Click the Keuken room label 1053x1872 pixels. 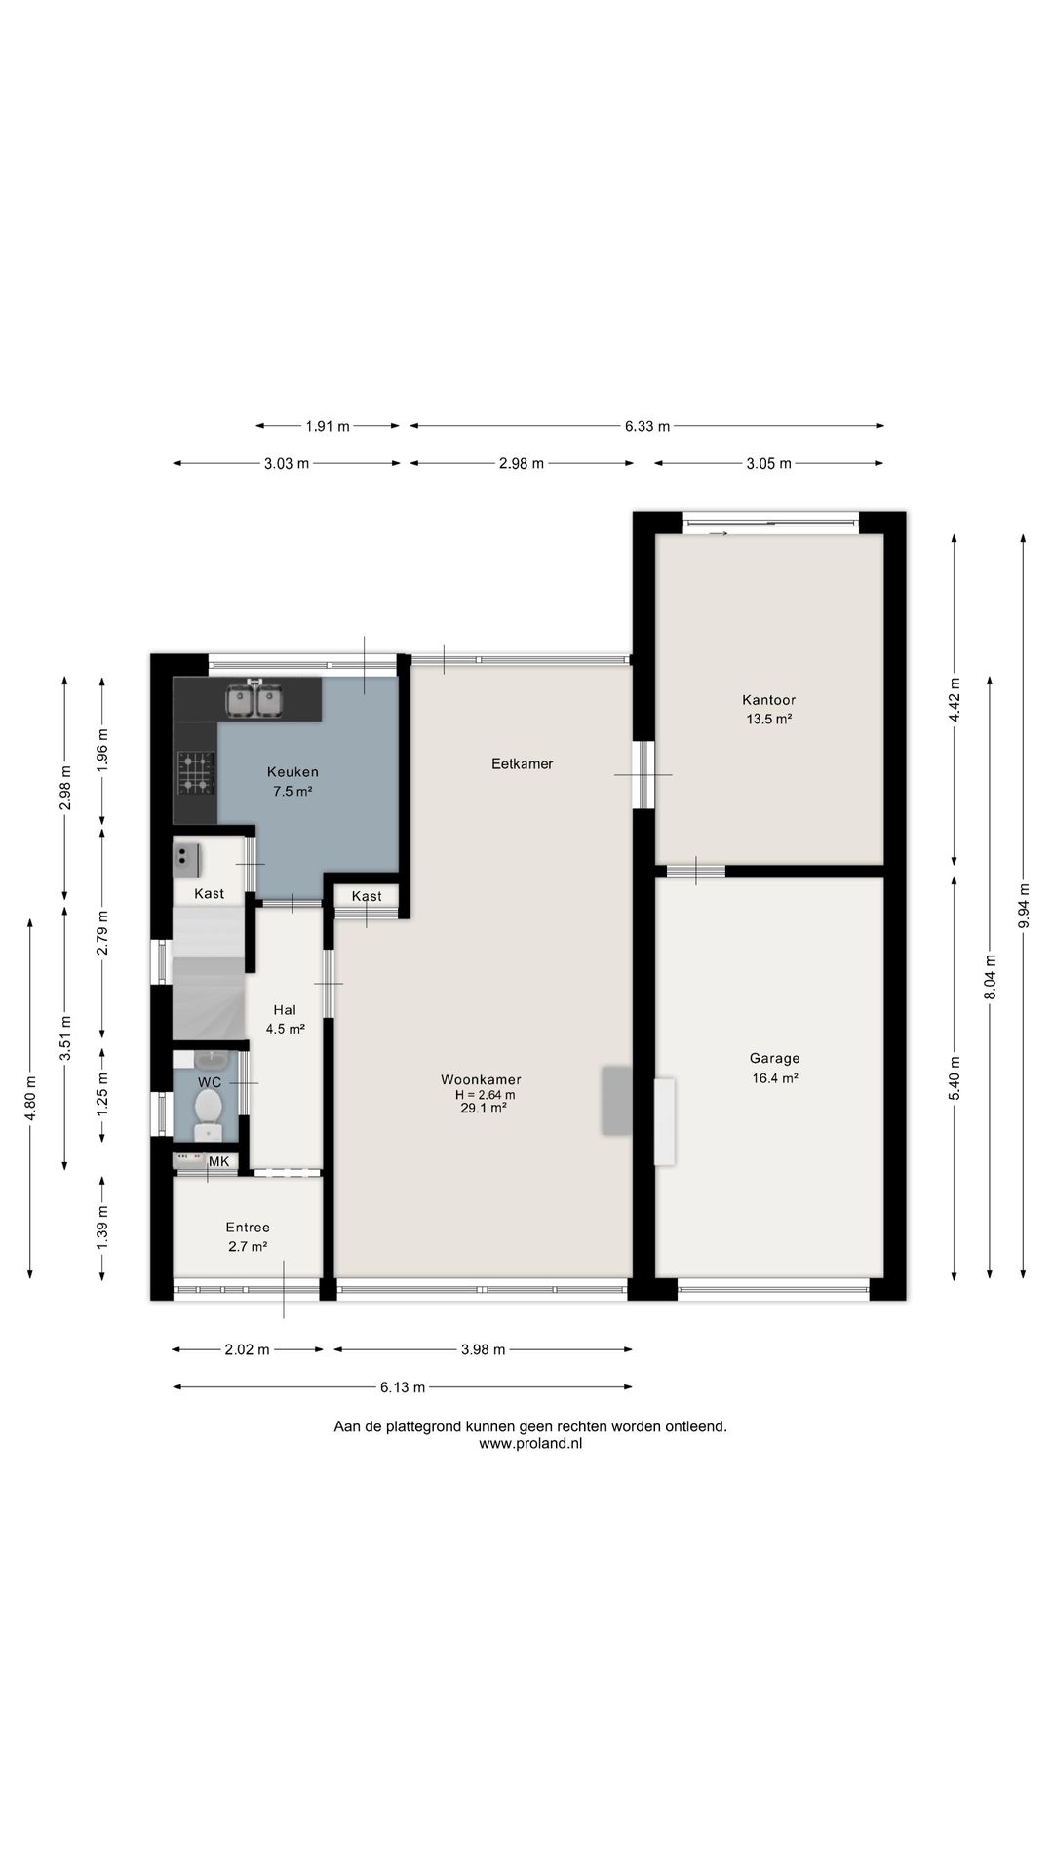tap(292, 772)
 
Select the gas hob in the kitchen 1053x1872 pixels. tap(196, 772)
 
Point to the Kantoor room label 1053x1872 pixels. tap(768, 700)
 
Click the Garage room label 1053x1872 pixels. tap(774, 1058)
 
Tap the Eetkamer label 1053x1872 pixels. tap(522, 764)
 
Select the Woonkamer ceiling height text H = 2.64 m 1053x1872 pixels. tap(478, 1095)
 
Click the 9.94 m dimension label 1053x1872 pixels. tap(1023, 908)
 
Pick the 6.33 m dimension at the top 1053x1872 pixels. tap(647, 426)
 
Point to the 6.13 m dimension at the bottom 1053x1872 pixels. tap(403, 1387)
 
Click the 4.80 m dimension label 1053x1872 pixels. tap(31, 1098)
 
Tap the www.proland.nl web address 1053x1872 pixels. tap(530, 1444)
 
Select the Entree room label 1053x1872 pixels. tap(248, 1228)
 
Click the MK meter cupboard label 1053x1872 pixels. tap(219, 1161)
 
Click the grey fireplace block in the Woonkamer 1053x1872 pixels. tap(615, 1101)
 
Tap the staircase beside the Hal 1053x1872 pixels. tap(208, 973)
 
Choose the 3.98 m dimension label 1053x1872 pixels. tap(483, 1350)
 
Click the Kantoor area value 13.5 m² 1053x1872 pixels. tap(768, 720)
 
